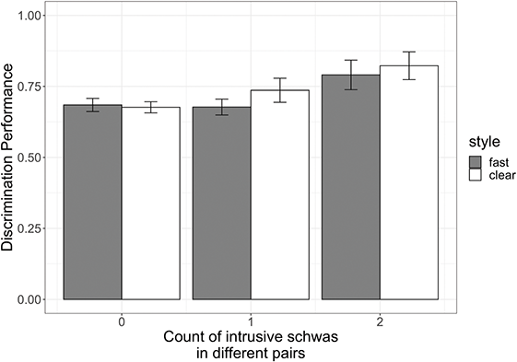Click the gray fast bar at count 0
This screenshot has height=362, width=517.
(91, 203)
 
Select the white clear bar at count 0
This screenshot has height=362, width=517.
(150, 204)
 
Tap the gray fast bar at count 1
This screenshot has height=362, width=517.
(221, 204)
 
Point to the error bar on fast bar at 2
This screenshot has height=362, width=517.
(351, 75)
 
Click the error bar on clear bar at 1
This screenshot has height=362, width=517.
(280, 90)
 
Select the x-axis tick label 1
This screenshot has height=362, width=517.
(251, 323)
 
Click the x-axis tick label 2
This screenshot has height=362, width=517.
(381, 323)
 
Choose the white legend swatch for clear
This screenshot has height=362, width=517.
(475, 176)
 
